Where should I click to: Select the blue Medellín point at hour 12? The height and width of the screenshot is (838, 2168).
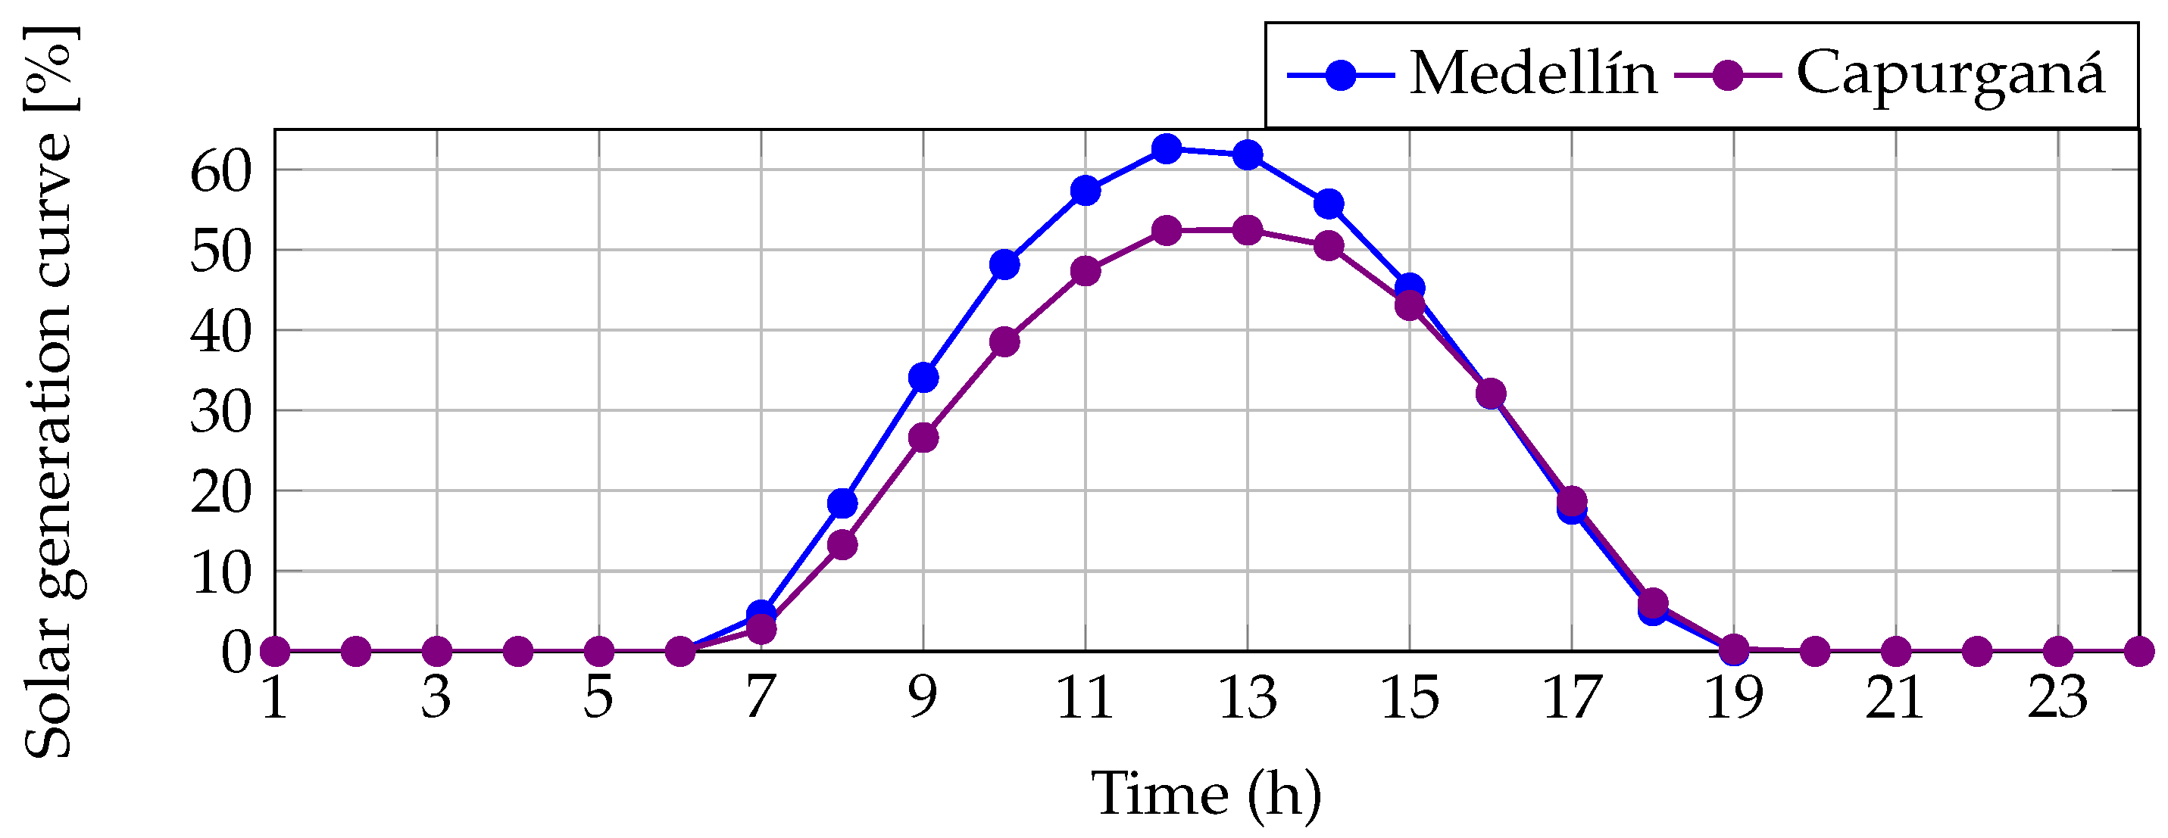pyautogui.click(x=1167, y=149)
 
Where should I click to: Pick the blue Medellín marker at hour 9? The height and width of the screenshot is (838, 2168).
pyautogui.click(x=923, y=378)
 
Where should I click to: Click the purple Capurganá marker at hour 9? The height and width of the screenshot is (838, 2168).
pyautogui.click(x=923, y=438)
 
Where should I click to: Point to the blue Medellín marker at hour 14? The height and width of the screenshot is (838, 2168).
pyautogui.click(x=1329, y=204)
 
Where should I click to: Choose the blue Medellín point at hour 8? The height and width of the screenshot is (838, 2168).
pyautogui.click(x=842, y=503)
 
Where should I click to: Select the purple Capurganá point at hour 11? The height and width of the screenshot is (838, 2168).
pyautogui.click(x=1086, y=271)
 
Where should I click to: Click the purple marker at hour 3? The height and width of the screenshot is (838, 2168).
pyautogui.click(x=437, y=651)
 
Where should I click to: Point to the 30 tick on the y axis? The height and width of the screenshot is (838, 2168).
pyautogui.click(x=221, y=413)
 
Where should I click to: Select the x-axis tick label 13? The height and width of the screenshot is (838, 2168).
pyautogui.click(x=1248, y=698)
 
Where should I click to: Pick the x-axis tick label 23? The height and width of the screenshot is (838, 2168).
pyautogui.click(x=2057, y=698)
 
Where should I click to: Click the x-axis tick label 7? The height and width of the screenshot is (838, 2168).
pyautogui.click(x=761, y=698)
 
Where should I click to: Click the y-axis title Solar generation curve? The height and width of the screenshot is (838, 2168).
pyautogui.click(x=48, y=392)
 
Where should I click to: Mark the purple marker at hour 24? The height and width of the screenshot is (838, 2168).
pyautogui.click(x=2138, y=651)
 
